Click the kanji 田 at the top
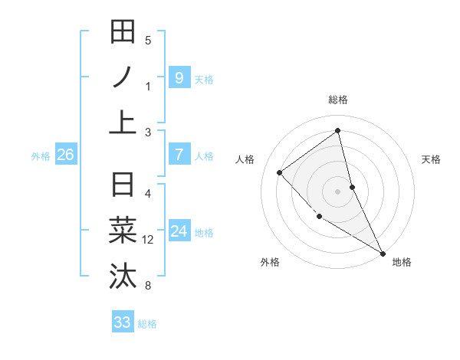point(123,33)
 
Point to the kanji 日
point(123,186)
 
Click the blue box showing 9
point(179,77)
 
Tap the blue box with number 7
point(179,155)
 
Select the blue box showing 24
point(179,231)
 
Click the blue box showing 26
point(65,155)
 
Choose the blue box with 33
point(123,322)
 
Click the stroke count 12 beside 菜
point(148,240)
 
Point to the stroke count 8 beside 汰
point(148,286)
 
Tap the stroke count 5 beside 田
point(148,41)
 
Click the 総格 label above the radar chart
point(338,100)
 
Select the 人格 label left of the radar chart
point(245,159)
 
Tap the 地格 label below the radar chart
point(402,262)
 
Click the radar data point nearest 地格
point(383,253)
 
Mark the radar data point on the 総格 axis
point(338,130)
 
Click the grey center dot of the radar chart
point(338,191)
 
